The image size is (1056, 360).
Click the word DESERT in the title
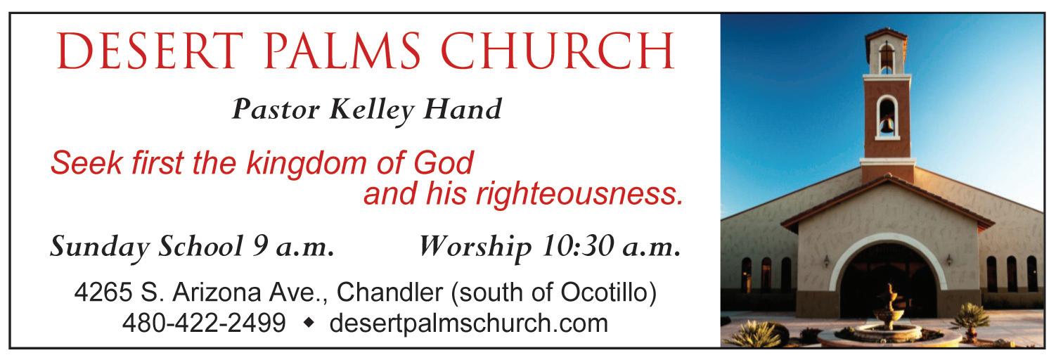point(150,51)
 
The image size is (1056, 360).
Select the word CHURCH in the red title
point(558,51)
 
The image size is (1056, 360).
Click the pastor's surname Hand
point(463,109)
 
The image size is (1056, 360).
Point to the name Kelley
point(372,111)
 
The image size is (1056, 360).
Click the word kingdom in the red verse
point(307,165)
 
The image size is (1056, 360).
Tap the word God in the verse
point(444,162)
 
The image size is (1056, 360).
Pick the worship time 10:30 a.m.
point(612,246)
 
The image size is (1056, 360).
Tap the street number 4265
point(103,292)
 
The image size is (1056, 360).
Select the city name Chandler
point(389,292)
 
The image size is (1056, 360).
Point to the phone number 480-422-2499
point(204,323)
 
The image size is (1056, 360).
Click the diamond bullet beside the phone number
point(309,323)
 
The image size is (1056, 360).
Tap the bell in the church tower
point(887,125)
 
